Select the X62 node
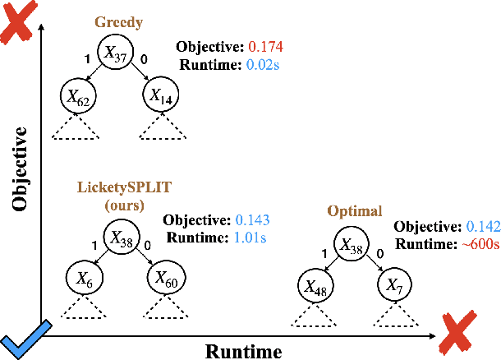(78, 97)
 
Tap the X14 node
(159, 96)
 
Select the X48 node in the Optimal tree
(316, 285)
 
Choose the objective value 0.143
(253, 220)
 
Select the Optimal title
(354, 211)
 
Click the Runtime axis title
(243, 351)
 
